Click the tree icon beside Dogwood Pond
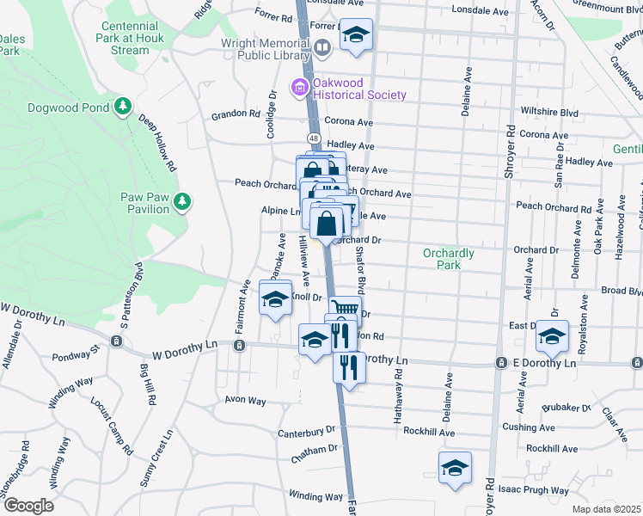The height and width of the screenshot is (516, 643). click(124, 107)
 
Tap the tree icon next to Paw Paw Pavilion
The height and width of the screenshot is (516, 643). click(181, 201)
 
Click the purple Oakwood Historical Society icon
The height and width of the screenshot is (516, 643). click(299, 87)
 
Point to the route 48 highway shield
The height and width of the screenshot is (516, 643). click(314, 138)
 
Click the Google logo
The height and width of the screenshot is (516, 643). click(28, 505)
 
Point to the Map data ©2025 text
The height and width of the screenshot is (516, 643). click(606, 509)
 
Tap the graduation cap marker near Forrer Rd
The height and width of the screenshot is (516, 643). click(356, 35)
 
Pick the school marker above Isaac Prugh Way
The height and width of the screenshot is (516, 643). click(455, 468)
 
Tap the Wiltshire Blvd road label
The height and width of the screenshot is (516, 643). click(549, 112)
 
